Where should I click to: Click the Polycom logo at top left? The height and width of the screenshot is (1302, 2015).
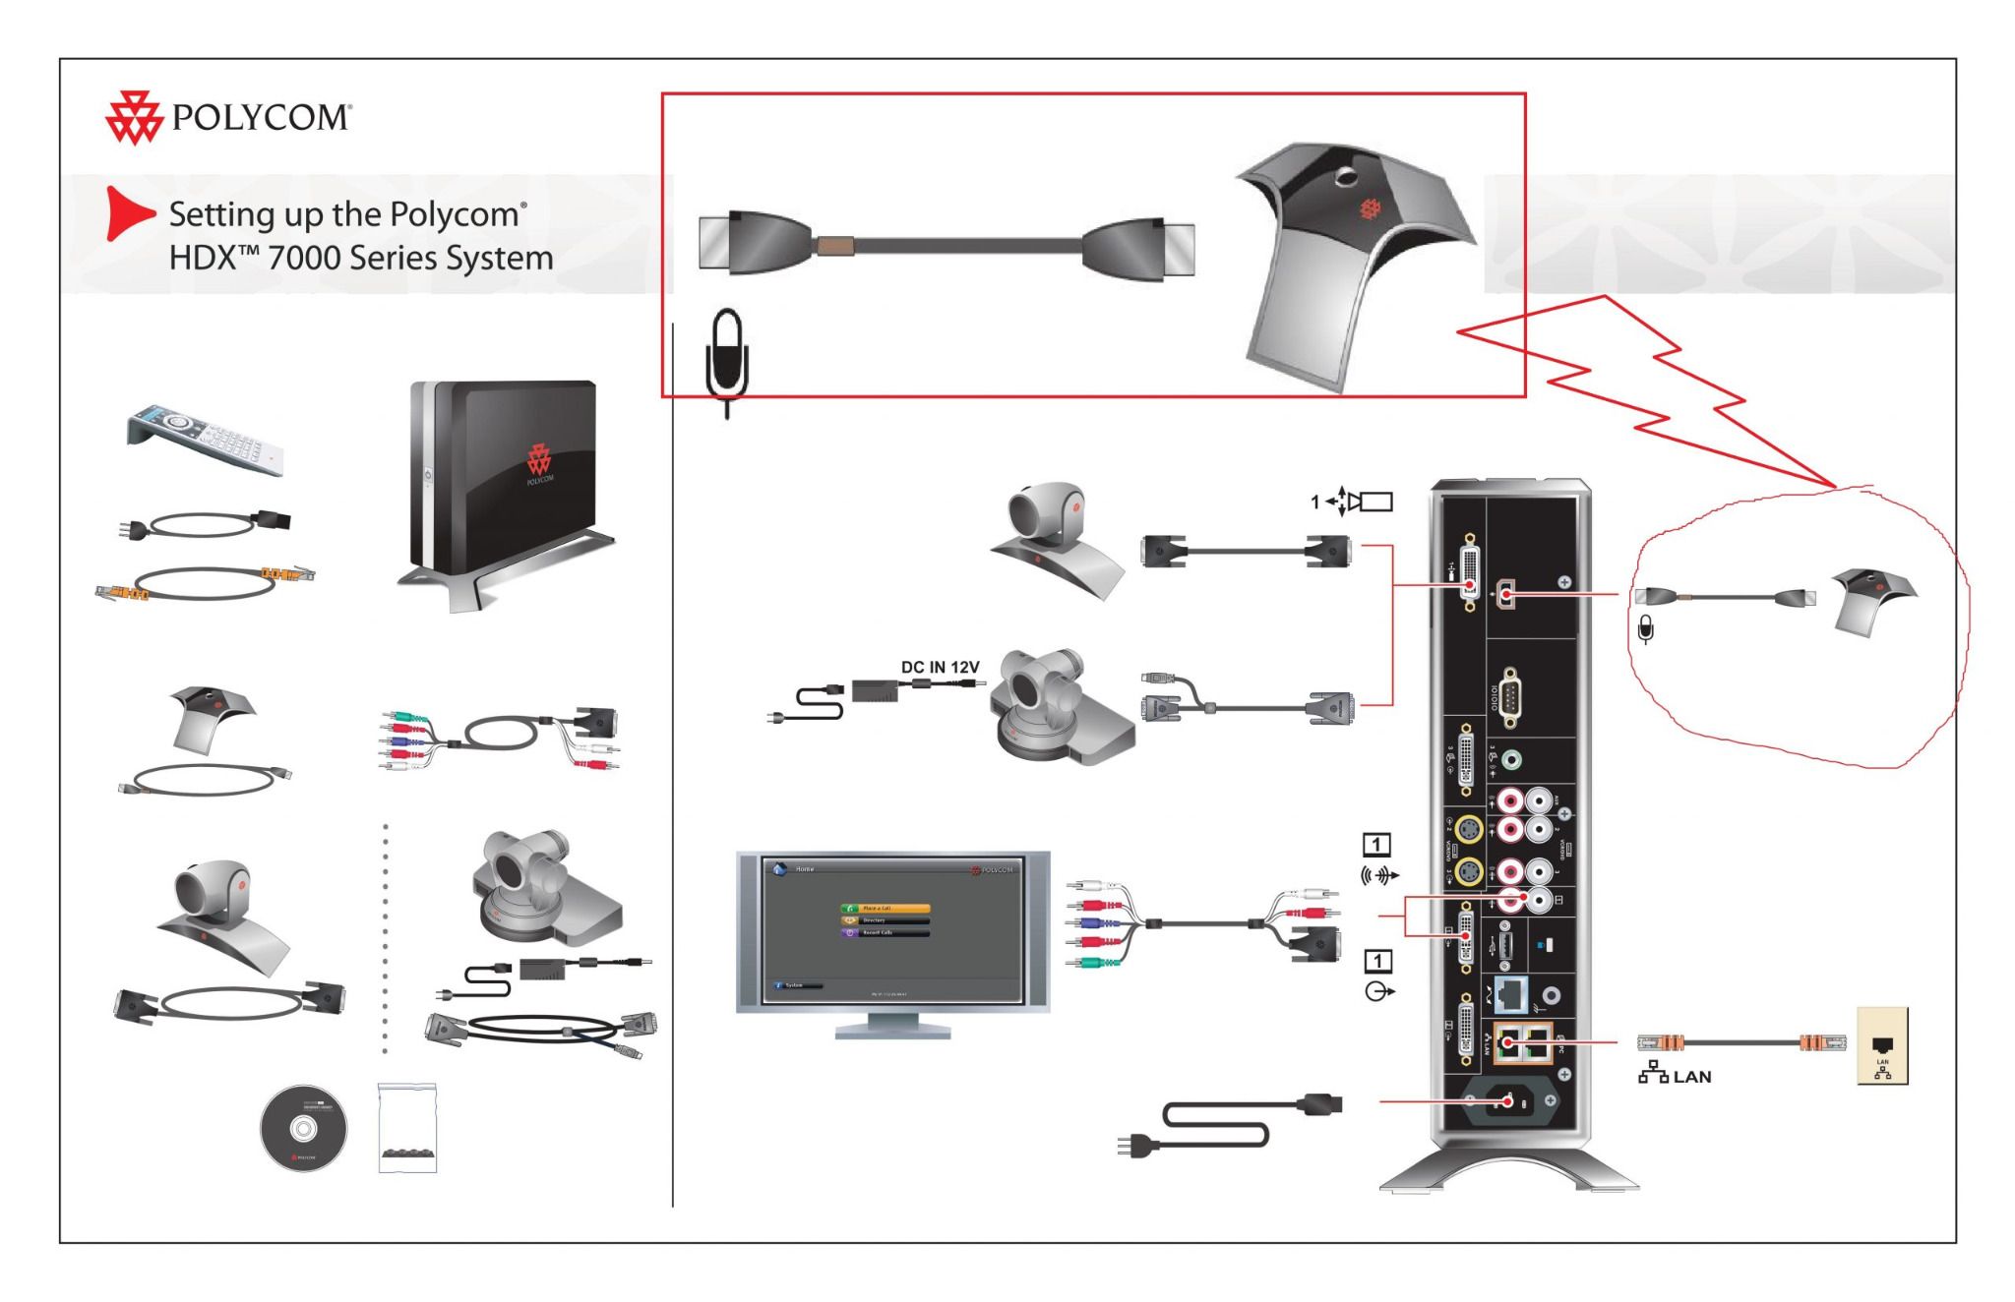pos(227,118)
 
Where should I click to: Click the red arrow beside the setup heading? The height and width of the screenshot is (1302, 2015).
pos(129,213)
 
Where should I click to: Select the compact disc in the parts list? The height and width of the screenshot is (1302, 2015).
pos(303,1129)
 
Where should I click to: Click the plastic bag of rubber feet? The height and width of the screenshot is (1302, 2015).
pos(407,1129)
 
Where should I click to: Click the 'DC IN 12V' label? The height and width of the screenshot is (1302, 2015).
pos(940,667)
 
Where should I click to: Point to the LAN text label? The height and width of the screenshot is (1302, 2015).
pos(1691,1077)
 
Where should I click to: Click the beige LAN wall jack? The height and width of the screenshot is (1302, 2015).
pos(1881,1046)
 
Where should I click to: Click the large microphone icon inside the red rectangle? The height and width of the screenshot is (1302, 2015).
pos(727,356)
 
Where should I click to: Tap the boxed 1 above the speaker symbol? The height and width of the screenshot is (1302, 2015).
pos(1376,844)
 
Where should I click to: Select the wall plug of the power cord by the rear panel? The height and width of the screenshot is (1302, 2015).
pos(1134,1145)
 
